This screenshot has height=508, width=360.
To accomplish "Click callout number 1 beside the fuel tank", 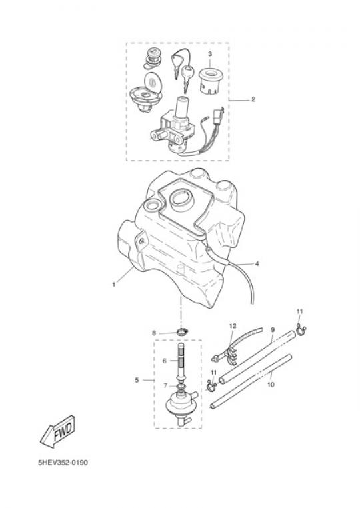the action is click(114, 285).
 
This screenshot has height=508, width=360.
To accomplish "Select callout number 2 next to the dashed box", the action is click(253, 99).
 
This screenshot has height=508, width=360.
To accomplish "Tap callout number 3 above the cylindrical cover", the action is click(210, 54).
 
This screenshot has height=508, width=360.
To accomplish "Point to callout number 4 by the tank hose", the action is click(257, 264).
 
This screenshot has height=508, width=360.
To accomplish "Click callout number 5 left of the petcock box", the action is click(137, 380).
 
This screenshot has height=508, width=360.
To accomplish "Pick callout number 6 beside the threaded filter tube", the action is click(164, 361).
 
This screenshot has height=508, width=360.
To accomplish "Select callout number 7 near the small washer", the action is click(165, 386).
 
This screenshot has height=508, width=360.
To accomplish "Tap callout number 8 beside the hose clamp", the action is click(154, 333).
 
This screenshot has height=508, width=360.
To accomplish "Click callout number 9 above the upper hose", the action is click(273, 330).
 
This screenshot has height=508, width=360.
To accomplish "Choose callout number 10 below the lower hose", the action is click(271, 385).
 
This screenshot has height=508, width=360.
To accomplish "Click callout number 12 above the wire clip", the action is click(233, 326).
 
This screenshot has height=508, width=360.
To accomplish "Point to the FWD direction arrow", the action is click(58, 431).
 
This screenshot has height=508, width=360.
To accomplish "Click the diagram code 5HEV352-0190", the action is click(63, 462).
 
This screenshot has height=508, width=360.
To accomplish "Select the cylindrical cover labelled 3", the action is click(210, 81).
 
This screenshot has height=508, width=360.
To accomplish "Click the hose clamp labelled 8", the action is click(183, 332).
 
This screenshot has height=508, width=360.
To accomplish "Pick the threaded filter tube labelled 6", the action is click(181, 363).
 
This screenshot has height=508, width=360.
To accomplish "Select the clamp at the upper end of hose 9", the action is click(301, 330).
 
